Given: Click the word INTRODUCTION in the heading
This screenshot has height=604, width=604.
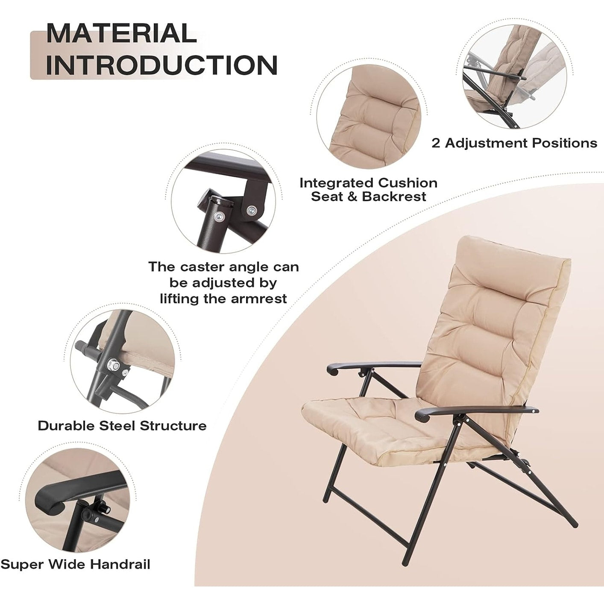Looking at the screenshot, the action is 161,65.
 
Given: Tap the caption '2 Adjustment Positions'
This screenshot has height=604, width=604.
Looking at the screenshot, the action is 514,143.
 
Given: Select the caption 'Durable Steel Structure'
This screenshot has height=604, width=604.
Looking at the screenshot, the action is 122,425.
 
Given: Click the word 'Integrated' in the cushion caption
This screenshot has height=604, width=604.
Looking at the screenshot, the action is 337,183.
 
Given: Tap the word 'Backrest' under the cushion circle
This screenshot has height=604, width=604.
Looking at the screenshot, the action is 394,196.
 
